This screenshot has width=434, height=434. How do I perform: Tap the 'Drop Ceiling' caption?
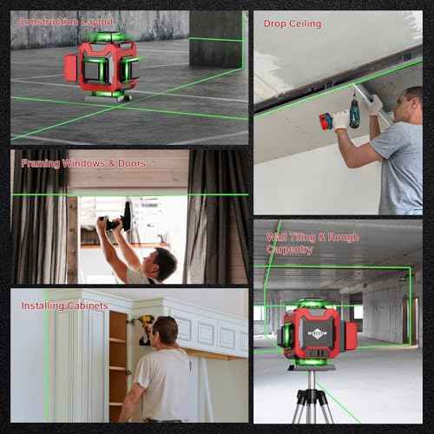293,23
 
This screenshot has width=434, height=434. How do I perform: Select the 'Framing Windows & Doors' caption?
78,162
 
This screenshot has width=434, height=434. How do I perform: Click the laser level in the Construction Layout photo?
102,68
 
